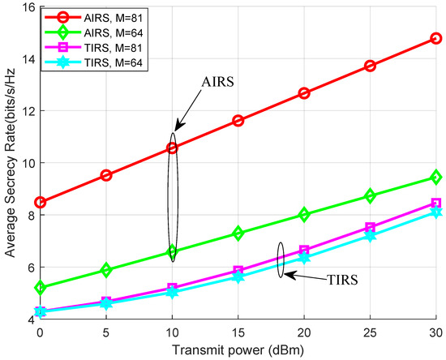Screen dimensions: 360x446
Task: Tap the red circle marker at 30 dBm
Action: tap(435, 38)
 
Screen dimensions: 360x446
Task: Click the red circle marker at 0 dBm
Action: tap(41, 202)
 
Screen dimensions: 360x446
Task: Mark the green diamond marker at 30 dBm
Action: tap(435, 177)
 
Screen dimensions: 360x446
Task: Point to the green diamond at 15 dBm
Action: tap(238, 234)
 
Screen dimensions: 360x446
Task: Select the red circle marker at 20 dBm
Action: tap(304, 93)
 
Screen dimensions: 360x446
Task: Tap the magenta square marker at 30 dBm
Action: tap(435, 204)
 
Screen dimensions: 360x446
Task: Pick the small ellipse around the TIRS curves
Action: tap(281, 260)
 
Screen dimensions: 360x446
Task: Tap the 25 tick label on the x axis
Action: tap(370, 333)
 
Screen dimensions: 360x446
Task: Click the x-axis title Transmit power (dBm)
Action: tap(238, 350)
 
